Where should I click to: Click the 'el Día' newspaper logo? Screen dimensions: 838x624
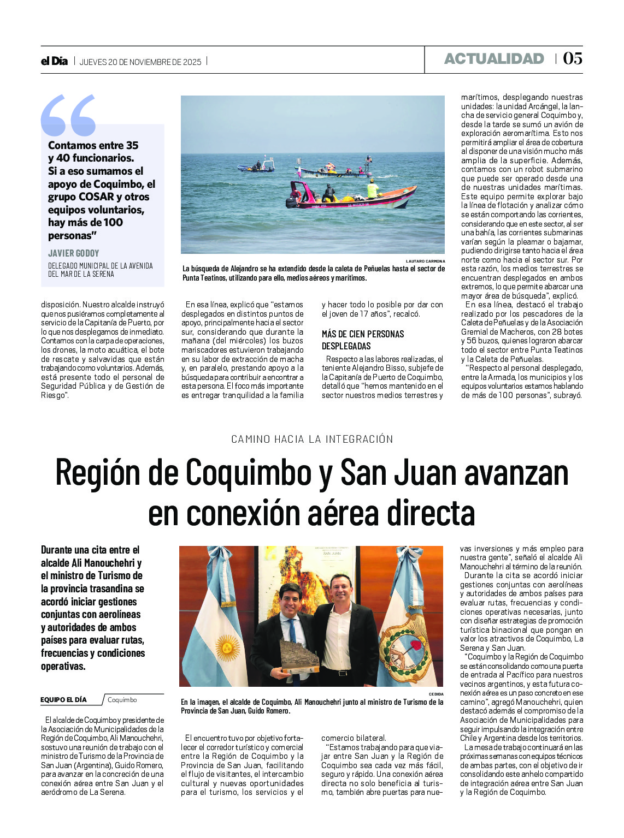click(54, 61)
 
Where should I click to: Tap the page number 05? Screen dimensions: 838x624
click(573, 58)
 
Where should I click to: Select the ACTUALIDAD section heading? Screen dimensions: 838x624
click(494, 59)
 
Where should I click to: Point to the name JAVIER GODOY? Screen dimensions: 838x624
click(74, 253)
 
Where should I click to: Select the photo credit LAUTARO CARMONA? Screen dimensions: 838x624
click(425, 261)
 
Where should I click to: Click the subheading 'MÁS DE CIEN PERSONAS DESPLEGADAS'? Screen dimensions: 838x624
click(363, 340)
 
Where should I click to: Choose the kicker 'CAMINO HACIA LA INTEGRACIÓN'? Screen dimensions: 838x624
click(312, 439)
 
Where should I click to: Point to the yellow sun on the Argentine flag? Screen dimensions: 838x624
click(227, 647)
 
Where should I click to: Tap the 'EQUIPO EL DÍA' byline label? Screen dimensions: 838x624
click(63, 700)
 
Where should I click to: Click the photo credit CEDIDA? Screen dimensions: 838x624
click(436, 694)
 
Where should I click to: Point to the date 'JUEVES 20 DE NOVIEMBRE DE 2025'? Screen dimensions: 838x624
click(140, 62)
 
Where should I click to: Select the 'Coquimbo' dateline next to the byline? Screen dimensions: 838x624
click(122, 700)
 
